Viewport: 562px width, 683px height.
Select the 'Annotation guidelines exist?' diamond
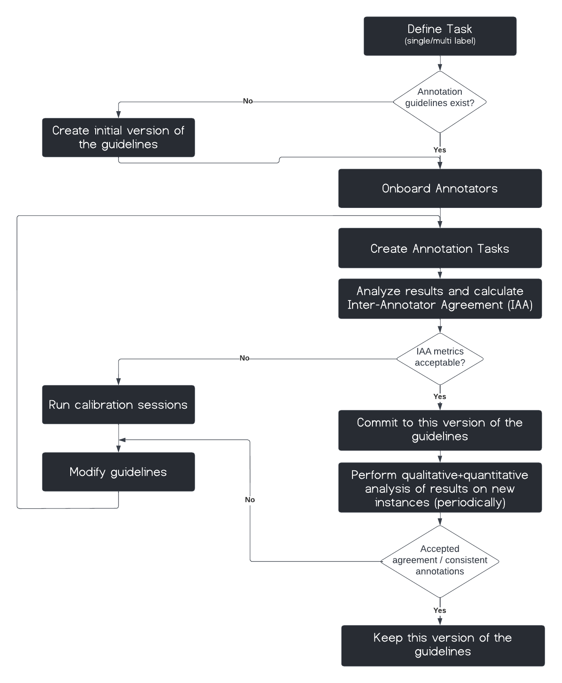(440, 102)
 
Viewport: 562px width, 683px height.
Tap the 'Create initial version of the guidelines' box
(118, 137)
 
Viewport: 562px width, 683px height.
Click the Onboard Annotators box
(440, 189)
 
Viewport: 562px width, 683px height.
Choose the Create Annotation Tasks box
(440, 248)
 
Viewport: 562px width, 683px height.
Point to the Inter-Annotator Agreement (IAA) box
(440, 298)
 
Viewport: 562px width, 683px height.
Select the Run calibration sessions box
(118, 404)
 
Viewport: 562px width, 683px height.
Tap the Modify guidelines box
(118, 472)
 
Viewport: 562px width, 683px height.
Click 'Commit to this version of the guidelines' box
(440, 430)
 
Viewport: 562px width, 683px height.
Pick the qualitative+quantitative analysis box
(440, 488)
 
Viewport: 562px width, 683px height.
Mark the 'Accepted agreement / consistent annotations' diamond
(440, 560)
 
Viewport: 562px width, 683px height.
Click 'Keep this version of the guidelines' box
(443, 645)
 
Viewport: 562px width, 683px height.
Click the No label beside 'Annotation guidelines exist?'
(248, 101)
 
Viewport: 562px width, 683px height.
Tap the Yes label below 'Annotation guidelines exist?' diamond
(440, 150)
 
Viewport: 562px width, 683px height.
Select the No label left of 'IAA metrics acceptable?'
(245, 358)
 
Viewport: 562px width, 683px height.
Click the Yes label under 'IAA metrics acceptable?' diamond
(440, 396)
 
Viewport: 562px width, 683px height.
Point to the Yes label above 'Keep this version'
(440, 610)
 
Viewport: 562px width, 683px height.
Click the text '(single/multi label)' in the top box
(440, 41)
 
